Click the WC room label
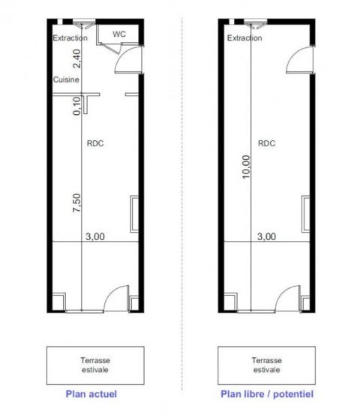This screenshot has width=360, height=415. [119, 34]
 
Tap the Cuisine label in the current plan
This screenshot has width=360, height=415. [66, 80]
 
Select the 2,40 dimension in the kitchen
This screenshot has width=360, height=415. [76, 59]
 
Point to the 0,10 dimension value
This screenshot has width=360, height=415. [76, 106]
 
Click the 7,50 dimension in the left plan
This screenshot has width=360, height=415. [76, 203]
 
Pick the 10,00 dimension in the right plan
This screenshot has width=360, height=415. [246, 167]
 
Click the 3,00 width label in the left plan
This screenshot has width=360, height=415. [95, 236]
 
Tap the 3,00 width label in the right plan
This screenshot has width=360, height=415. [267, 236]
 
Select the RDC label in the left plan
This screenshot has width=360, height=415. [95, 143]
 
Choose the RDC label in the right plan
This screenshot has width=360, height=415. [267, 143]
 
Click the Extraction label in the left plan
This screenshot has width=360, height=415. [70, 38]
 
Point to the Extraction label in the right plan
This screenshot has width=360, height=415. [244, 38]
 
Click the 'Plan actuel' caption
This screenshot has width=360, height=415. [91, 394]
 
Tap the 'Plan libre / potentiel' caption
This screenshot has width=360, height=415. [267, 394]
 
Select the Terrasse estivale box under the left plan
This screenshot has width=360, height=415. [95, 365]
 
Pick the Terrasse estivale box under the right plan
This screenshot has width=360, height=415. [267, 365]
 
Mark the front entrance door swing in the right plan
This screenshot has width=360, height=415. [283, 292]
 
